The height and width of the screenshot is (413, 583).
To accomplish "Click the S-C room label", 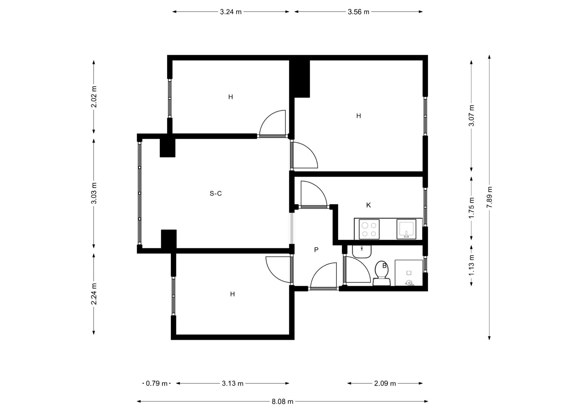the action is (x=216, y=193).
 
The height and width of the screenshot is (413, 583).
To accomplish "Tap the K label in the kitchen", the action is (x=368, y=205).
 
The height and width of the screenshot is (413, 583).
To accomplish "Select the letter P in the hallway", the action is (x=316, y=250).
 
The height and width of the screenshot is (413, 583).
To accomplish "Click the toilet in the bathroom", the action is (x=382, y=273).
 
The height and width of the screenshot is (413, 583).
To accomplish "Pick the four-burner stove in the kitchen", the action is (x=369, y=229).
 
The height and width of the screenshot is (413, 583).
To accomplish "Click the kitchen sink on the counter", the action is (x=406, y=229).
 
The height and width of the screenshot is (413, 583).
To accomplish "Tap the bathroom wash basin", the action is (x=362, y=251).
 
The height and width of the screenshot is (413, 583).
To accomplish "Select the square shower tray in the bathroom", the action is (x=409, y=273).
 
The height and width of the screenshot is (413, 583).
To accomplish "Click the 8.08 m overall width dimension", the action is (x=282, y=402).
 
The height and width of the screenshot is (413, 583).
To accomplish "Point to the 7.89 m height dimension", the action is (x=489, y=197).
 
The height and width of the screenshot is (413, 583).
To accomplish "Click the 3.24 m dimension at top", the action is (x=231, y=12).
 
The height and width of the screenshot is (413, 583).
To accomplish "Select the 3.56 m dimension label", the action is (x=358, y=12).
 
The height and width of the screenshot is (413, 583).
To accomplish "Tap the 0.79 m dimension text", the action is (x=157, y=383).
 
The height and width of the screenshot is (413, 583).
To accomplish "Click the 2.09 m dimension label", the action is (x=385, y=383).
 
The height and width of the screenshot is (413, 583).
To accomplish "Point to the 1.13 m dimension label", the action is (x=471, y=265).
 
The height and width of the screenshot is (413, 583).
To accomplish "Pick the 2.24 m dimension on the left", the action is (x=94, y=294).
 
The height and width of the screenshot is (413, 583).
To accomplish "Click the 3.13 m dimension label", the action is (x=233, y=383).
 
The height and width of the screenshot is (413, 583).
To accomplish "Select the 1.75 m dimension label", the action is (x=471, y=208).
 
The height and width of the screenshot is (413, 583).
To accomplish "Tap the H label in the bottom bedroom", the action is (x=232, y=294).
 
